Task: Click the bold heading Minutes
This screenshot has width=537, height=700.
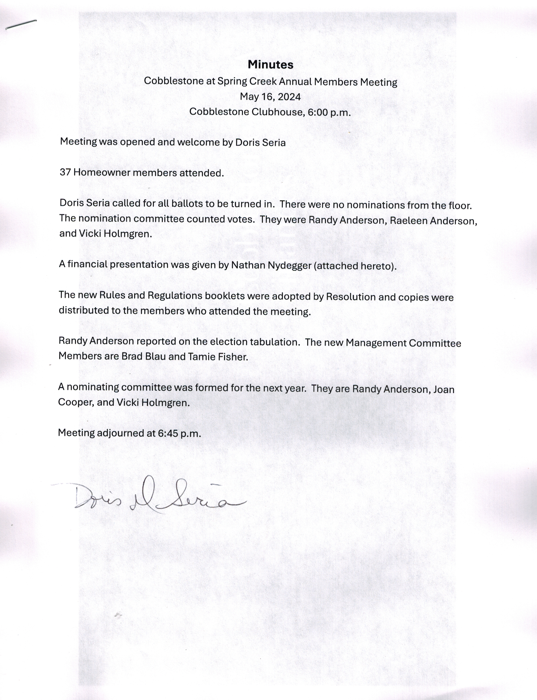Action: click(270, 65)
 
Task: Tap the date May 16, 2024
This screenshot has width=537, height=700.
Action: click(270, 97)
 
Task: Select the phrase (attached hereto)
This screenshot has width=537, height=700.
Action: click(355, 266)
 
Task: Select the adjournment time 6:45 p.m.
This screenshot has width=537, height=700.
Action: click(179, 433)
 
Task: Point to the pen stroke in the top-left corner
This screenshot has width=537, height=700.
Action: click(21, 25)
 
